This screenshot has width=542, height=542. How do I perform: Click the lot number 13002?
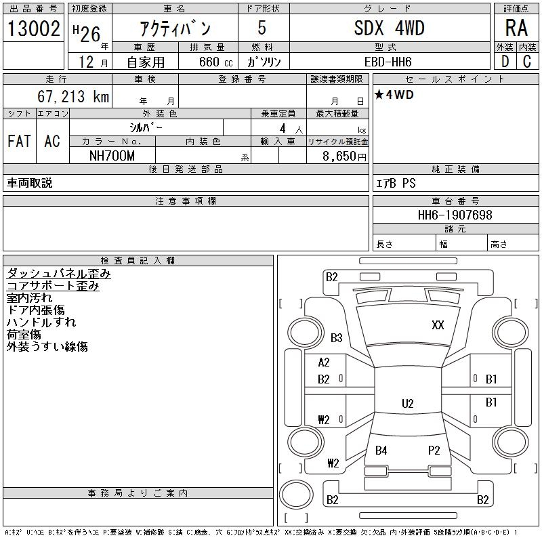[x=33, y=28]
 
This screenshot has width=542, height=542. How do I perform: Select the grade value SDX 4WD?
[x=389, y=28]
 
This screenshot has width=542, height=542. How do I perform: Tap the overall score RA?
[x=516, y=28]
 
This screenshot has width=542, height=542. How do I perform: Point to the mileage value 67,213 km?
[x=73, y=96]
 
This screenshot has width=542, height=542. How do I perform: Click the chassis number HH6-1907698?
[x=455, y=215]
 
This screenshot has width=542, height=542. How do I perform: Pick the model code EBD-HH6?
[x=388, y=62]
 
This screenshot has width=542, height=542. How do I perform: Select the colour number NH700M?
[x=112, y=156]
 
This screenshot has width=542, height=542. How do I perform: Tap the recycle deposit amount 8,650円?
[x=344, y=157]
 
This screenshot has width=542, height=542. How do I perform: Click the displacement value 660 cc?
[x=215, y=62]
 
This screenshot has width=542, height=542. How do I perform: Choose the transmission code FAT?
[x=20, y=141]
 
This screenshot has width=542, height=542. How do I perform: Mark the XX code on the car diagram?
[x=438, y=325]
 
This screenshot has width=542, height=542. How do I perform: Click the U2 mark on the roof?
[x=408, y=403]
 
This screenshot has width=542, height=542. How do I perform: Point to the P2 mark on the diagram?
[x=434, y=451]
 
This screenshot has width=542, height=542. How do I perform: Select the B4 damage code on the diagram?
[x=381, y=451]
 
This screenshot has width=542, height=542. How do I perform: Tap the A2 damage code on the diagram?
[x=324, y=362]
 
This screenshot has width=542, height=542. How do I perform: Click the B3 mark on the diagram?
[x=336, y=337]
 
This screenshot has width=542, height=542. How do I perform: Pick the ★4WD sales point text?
[x=394, y=95]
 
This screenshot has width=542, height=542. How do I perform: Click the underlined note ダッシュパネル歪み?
[x=58, y=274]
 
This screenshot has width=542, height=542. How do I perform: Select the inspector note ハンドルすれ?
[x=41, y=322]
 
